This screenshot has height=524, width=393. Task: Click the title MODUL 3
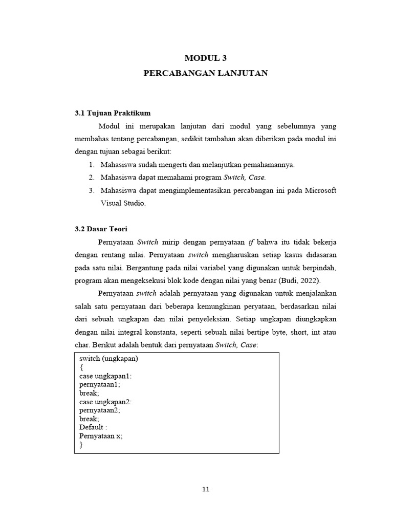205,58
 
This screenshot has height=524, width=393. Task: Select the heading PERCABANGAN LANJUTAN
205,74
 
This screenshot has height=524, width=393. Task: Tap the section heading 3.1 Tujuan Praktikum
113,113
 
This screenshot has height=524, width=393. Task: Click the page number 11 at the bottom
206,489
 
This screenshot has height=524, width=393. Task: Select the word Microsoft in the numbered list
320,190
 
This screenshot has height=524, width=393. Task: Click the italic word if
251,242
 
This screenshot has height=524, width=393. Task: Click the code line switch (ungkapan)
109,359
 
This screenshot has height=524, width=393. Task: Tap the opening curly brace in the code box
81,367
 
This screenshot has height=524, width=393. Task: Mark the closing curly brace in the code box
81,445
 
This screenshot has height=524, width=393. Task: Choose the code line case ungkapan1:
105,376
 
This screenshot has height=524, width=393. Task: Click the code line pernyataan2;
100,410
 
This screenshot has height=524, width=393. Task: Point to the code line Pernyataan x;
101,436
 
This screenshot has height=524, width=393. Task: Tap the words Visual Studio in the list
123,203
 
